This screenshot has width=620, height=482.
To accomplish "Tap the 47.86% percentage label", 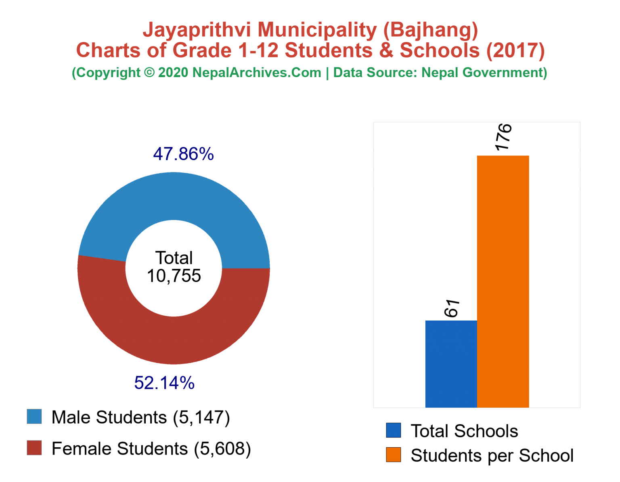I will pos(183,154).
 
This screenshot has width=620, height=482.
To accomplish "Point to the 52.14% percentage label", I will pos(164,383).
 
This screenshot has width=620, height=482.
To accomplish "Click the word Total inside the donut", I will pos(174,258).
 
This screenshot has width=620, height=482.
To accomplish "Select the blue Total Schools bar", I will pos(451,364).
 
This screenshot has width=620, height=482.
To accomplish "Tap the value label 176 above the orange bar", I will pos(503,137).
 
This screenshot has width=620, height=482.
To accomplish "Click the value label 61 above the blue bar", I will pos(452,308).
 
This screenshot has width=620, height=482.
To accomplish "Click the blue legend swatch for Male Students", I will pos(34,417).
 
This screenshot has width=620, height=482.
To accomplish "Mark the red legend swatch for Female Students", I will pos(34,448).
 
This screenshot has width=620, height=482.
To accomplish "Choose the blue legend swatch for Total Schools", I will pos(393,430).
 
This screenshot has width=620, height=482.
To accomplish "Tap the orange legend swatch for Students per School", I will pos(393,455).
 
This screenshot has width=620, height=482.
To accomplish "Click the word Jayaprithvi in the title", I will pos(198,30).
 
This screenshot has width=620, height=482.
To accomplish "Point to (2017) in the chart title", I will pos(515,50).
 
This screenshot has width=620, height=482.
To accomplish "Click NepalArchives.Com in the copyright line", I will pos(257,73).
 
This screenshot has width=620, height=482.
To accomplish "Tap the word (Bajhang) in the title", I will pos(430,30).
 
